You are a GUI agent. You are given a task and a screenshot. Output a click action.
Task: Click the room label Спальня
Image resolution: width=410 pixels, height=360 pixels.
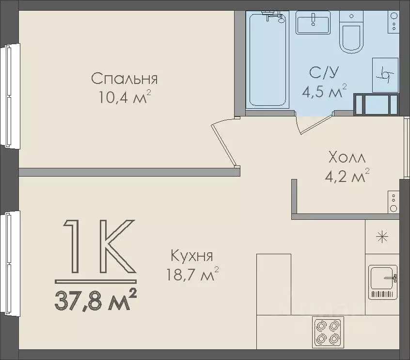[125, 79]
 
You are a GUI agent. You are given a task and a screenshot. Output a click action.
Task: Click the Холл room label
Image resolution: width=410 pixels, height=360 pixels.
[347, 158]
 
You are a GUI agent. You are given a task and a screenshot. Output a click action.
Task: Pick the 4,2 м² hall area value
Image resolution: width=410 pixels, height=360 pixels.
[347, 176]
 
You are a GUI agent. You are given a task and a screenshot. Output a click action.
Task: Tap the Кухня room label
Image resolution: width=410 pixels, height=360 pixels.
[192, 256]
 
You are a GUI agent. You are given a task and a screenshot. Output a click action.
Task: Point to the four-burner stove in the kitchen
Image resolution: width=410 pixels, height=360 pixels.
[328, 331]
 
